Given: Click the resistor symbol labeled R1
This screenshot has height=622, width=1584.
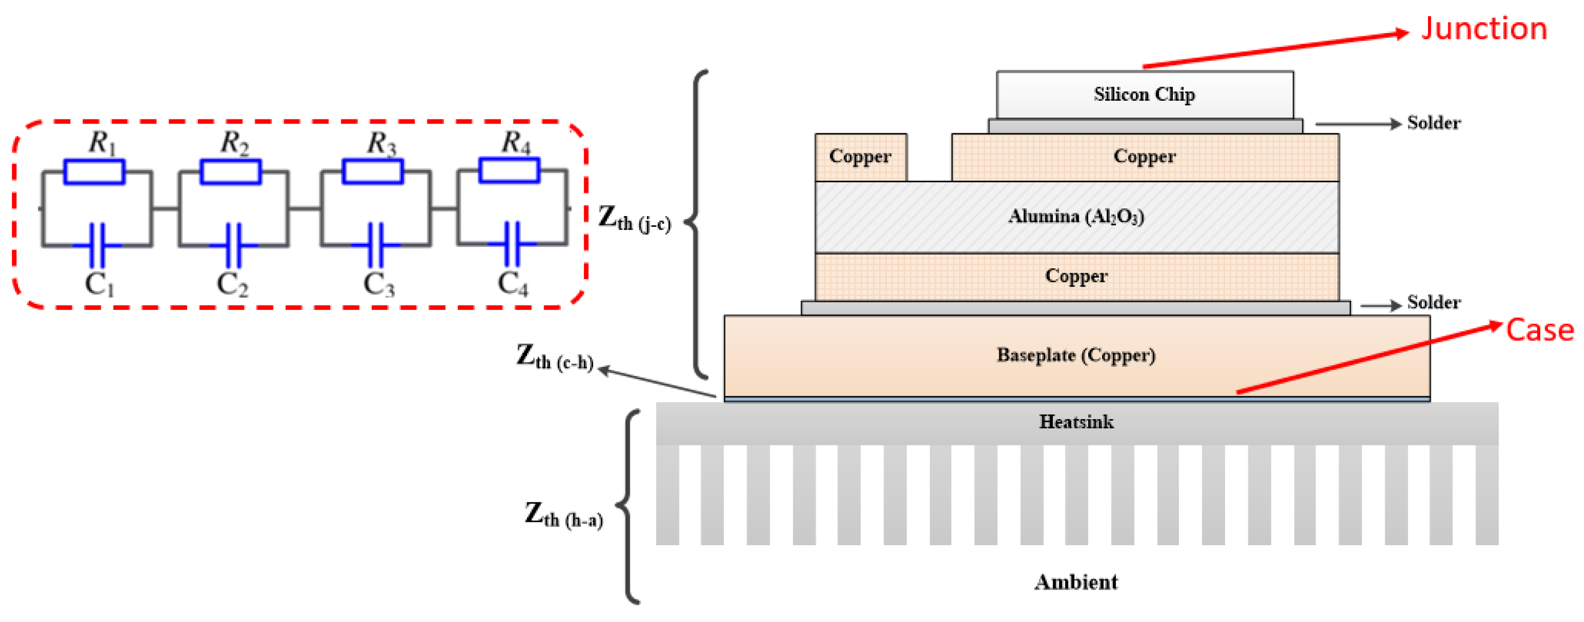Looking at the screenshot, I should [x=94, y=172].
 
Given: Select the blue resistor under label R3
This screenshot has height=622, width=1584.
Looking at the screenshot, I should [x=373, y=171].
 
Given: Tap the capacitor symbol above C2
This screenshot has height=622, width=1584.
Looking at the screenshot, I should [x=233, y=245].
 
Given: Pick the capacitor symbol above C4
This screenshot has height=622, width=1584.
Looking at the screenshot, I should [x=512, y=244].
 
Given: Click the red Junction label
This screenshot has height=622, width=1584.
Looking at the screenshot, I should [x=1483, y=29].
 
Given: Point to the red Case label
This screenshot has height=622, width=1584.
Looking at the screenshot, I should [x=1539, y=330].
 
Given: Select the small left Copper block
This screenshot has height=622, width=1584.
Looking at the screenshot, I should [x=860, y=157].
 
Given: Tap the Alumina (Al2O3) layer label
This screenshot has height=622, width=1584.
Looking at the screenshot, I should [x=1076, y=217].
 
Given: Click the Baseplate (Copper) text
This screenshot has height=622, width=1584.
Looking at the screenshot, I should [x=1076, y=355].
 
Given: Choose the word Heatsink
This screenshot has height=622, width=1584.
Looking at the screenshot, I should [x=1076, y=422].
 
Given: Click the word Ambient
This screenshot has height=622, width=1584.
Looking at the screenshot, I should [x=1076, y=582].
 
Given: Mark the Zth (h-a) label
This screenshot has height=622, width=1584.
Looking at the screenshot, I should [x=563, y=516].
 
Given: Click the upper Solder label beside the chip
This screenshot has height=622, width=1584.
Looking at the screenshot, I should [x=1433, y=123].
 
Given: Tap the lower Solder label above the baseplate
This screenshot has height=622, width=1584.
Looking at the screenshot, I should [x=1433, y=303].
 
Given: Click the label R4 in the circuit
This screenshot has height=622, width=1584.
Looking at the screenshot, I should [x=515, y=143].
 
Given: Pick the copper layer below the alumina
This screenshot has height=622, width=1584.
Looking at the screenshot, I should [x=1076, y=276].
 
